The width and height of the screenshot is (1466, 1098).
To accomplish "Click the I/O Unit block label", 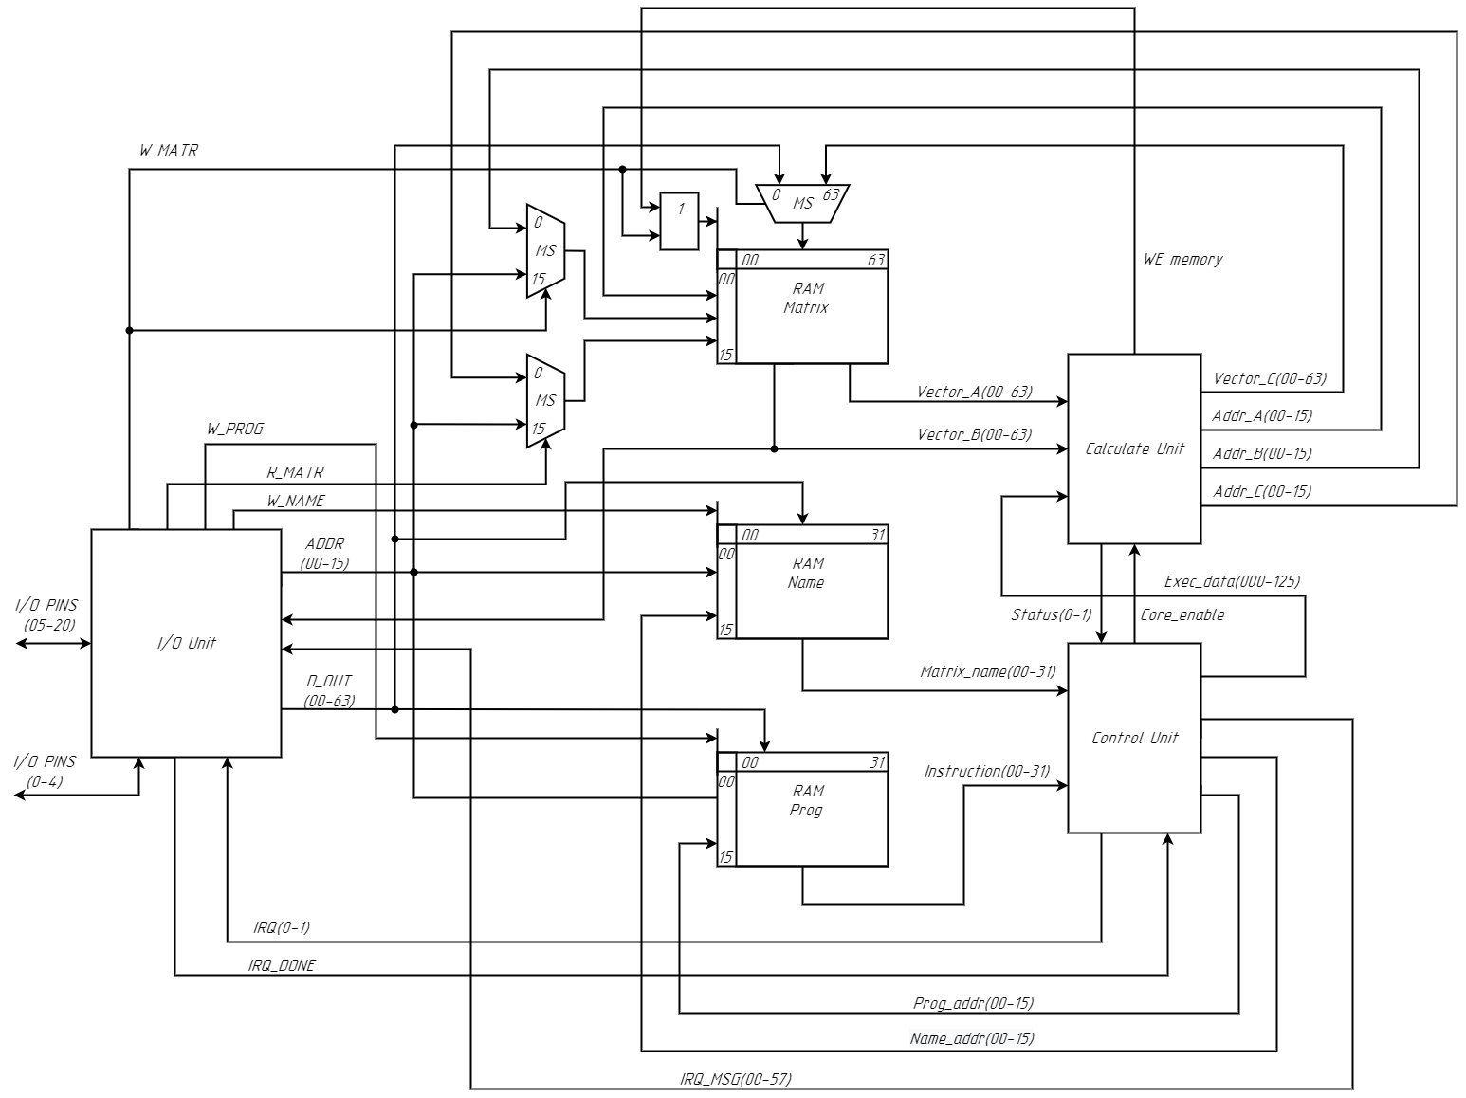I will (x=186, y=643).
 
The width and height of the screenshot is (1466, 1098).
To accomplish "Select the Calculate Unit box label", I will (x=1134, y=448).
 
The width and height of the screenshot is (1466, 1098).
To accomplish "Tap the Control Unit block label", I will (x=1134, y=738).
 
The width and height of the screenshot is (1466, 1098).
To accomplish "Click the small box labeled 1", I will (x=679, y=221).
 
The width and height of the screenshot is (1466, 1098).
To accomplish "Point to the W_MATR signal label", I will (x=168, y=150).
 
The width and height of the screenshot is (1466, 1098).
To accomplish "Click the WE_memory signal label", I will (x=1182, y=259).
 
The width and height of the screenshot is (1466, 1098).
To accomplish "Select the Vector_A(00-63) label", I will (x=974, y=391).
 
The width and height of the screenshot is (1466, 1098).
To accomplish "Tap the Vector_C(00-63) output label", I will (x=1270, y=378).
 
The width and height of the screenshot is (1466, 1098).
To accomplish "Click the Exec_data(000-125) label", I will (x=1232, y=581).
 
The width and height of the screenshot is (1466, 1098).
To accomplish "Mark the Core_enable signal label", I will (x=1182, y=614).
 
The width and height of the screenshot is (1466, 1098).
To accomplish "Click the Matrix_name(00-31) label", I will (x=987, y=671).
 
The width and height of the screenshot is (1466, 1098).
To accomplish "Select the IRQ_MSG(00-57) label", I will (x=735, y=1078).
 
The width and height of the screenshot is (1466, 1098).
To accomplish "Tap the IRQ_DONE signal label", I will (x=282, y=965).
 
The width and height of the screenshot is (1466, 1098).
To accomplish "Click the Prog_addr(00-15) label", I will (x=973, y=1002).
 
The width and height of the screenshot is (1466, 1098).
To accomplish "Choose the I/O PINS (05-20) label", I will (x=46, y=614).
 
